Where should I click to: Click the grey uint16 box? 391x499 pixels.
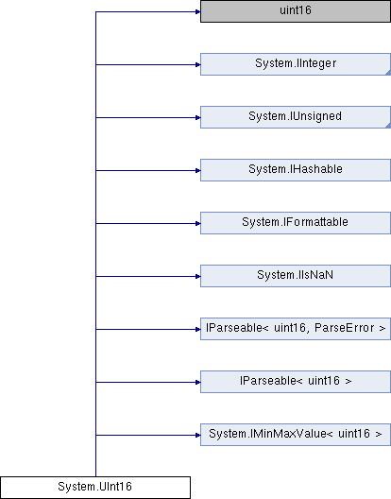point(296,11)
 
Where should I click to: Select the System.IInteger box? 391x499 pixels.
point(296,64)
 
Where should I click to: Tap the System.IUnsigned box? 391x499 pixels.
point(296,117)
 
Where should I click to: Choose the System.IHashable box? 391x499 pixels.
point(296,170)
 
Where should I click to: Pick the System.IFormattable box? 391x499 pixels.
point(296,223)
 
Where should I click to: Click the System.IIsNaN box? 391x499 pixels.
point(296,276)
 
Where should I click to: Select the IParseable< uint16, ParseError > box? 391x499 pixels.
point(296,329)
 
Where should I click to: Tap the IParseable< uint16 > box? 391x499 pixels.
point(296,382)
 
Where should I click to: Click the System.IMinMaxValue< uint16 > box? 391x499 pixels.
point(296,435)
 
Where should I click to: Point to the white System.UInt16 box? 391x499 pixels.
point(95,488)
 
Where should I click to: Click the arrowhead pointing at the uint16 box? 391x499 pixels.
point(198,11)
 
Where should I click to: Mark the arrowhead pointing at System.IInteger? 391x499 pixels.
point(198,64)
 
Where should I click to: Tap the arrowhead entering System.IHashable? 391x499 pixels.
point(198,170)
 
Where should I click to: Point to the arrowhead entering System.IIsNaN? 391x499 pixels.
point(198,276)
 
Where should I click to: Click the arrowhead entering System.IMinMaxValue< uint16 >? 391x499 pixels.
point(198,435)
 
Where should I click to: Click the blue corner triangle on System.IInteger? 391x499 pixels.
point(388,73)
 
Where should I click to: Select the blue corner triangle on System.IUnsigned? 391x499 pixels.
point(388,126)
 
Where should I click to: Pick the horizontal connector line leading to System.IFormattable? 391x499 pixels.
point(148,223)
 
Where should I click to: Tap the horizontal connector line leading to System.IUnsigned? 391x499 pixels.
point(148,118)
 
